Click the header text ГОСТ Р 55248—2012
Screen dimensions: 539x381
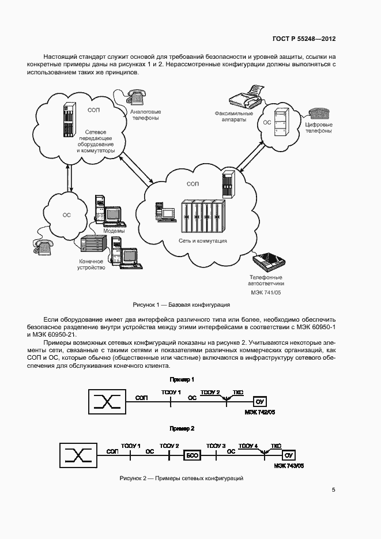pyautogui.click(x=304, y=39)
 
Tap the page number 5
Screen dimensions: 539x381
pyautogui.click(x=333, y=490)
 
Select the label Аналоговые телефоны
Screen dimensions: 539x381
pyautogui.click(x=145, y=114)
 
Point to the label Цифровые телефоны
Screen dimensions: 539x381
pyautogui.click(x=318, y=127)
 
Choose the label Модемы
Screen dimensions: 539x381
pyautogui.click(x=114, y=231)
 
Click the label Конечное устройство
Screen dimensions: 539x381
pyautogui.click(x=92, y=265)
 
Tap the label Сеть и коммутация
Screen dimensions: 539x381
pyautogui.click(x=202, y=241)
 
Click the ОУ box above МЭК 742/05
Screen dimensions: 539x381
pyautogui.click(x=259, y=401)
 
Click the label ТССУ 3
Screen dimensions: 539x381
pyautogui.click(x=216, y=446)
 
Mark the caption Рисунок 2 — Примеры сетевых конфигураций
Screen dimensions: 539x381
pyautogui.click(x=182, y=478)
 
